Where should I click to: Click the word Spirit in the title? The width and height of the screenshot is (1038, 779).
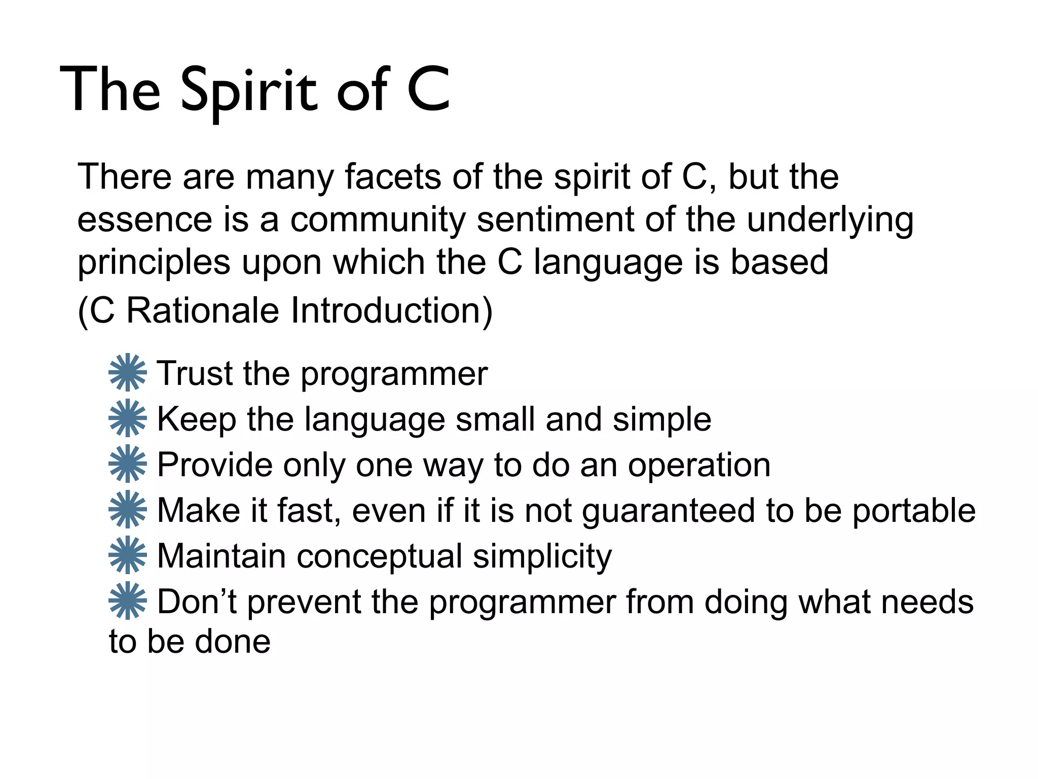click(249, 91)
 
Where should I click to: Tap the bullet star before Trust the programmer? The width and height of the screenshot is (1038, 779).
click(128, 372)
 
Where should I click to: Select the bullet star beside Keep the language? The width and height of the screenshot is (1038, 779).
click(128, 418)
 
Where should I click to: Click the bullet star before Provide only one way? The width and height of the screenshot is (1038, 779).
click(128, 464)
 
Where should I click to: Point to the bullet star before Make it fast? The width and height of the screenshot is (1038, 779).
click(128, 509)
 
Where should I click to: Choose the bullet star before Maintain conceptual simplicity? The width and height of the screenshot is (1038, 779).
click(128, 555)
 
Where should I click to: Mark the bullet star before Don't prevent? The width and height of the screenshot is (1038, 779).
click(128, 600)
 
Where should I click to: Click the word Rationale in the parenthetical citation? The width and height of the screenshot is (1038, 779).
click(202, 310)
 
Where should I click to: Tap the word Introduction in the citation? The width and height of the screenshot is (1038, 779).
click(391, 310)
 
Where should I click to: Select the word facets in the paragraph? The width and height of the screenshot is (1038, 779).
click(393, 177)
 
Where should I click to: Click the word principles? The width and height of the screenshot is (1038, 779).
click(154, 264)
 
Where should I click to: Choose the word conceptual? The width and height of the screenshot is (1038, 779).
click(379, 557)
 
